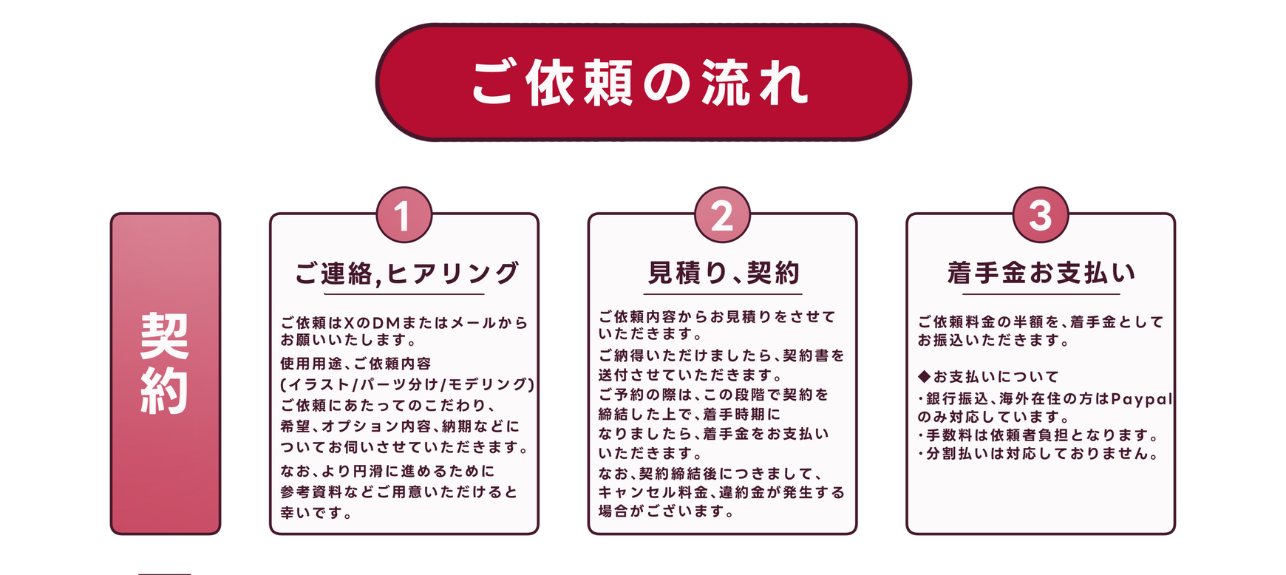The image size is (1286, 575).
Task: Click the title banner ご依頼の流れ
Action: pos(643,82)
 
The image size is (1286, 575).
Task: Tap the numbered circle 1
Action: pos(404,215)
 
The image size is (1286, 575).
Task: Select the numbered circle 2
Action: pos(722,215)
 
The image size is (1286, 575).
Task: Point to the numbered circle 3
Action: pos(1041,215)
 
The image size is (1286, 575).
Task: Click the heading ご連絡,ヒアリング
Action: pos(407,273)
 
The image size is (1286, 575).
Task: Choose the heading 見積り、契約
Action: pos(724,273)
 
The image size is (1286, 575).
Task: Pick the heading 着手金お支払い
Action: pos(1041,273)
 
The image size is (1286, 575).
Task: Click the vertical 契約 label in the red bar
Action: pos(165,363)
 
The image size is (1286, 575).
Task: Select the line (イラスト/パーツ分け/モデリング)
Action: pos(407,384)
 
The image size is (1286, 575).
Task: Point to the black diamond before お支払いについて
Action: pos(924,376)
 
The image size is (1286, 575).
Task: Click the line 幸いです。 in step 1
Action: pos(316,512)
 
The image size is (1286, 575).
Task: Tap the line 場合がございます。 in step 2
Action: pos(667,511)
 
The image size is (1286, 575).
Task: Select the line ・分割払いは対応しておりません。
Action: pos(1038,453)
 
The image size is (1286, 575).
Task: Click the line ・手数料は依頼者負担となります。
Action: pos(1038,435)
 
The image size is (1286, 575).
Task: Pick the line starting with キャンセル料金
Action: pos(721,491)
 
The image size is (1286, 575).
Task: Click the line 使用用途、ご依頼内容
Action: pos(355,364)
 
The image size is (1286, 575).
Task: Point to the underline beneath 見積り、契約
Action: pos(723,294)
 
